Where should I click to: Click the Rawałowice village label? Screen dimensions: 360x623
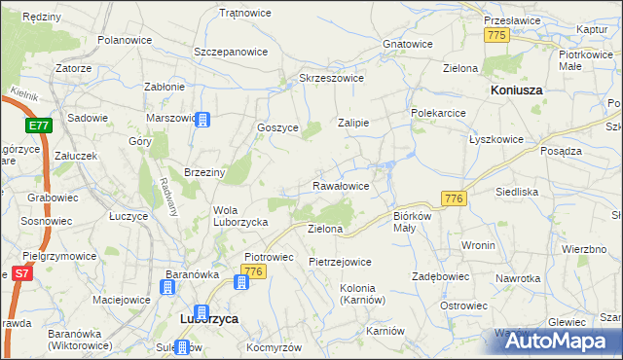[x=340, y=185]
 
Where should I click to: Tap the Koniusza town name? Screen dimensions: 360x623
[x=515, y=90]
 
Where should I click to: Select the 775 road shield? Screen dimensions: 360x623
[x=497, y=35]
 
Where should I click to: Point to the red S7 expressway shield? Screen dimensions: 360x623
[x=21, y=275]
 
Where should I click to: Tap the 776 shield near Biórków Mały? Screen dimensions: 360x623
[x=454, y=198]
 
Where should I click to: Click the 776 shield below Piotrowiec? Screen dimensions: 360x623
[x=255, y=270]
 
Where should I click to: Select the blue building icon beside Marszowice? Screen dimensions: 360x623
[x=202, y=120]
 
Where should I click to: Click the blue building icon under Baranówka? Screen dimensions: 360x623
[x=168, y=287]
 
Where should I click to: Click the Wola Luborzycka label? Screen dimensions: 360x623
[x=239, y=216]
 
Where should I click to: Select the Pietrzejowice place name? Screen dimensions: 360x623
[x=340, y=262]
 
